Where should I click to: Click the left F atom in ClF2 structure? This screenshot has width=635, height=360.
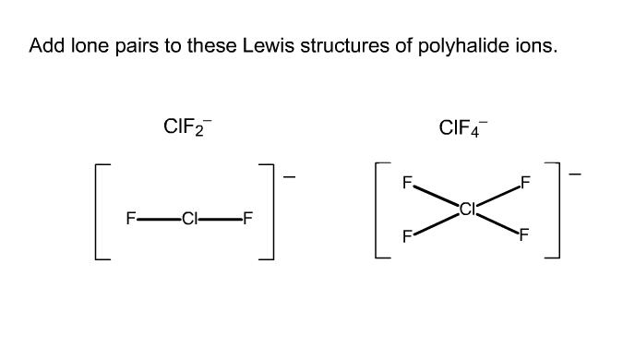click(131, 219)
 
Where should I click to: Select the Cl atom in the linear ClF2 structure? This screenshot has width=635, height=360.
click(190, 219)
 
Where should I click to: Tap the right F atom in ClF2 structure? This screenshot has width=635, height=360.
click(249, 219)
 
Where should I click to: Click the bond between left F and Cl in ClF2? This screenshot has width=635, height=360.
click(159, 219)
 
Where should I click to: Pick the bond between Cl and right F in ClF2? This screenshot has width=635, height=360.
click(222, 219)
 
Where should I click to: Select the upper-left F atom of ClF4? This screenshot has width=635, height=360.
click(407, 182)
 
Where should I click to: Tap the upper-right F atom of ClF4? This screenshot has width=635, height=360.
click(527, 182)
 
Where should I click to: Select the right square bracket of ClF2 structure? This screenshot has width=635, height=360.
click(270, 213)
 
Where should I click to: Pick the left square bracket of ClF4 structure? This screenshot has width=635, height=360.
click(380, 213)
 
